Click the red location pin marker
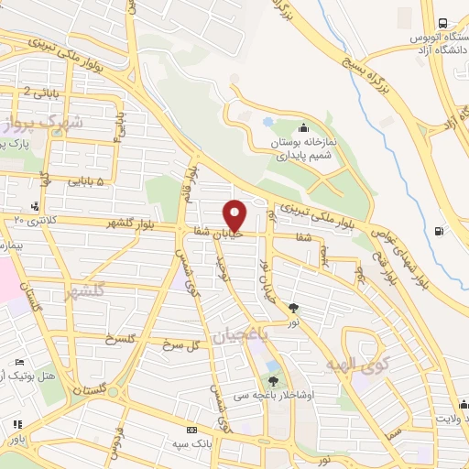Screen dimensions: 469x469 tap(235, 214)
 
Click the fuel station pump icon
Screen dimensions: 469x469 tap(442, 230)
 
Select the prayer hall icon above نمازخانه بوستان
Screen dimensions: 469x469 tap(303, 128)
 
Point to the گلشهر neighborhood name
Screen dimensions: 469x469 tap(85, 292)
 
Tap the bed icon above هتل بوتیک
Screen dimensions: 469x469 tap(20, 364)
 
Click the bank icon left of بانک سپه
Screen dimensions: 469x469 tap(191, 430)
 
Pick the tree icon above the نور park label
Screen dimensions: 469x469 tap(293, 308)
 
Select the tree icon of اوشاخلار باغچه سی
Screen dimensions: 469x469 tap(272, 380)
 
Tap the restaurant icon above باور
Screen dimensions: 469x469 tap(16, 424)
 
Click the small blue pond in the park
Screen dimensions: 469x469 tap(267, 121)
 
